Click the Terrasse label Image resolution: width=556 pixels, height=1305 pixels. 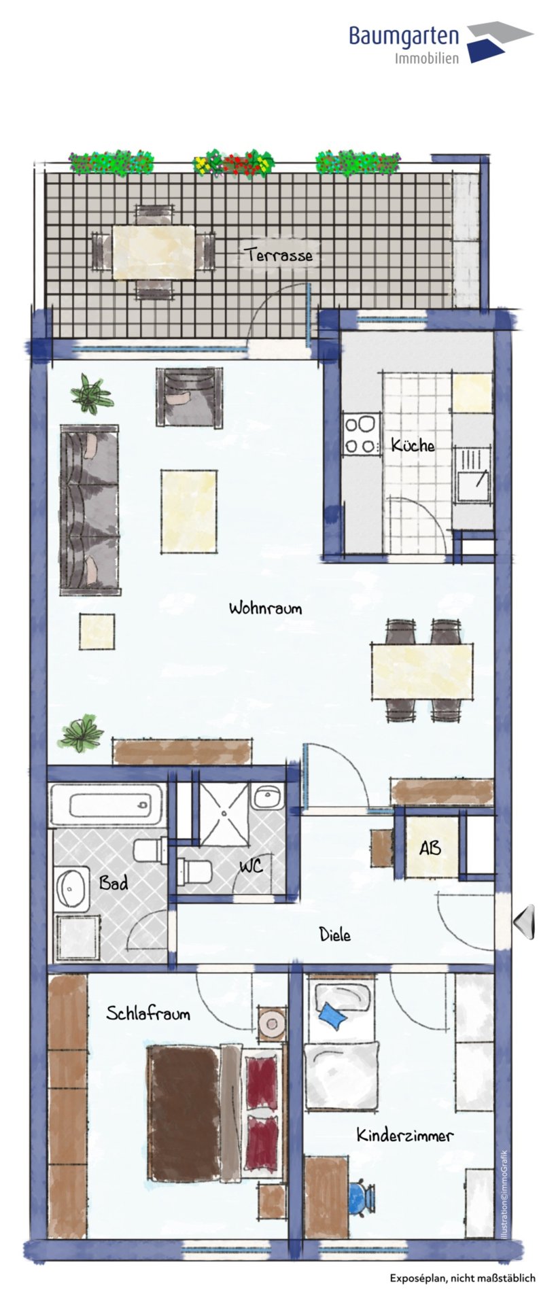click(279, 256)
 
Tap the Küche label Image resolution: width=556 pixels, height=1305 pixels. click(413, 445)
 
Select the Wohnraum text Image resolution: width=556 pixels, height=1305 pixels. click(265, 608)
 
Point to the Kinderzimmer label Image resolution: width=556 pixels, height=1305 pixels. click(405, 1135)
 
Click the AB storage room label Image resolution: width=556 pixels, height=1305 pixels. click(430, 848)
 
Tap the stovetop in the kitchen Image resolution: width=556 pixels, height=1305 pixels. click(362, 435)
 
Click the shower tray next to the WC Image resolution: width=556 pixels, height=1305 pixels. click(224, 813)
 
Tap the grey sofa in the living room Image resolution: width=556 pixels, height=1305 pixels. click(90, 510)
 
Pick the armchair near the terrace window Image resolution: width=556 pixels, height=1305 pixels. click(189, 397)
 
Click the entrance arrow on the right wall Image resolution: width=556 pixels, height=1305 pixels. click(524, 922)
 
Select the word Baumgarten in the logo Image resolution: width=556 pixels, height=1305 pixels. click(404, 35)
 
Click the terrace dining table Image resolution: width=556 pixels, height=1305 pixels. click(153, 251)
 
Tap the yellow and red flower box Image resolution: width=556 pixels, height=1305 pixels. click(234, 163)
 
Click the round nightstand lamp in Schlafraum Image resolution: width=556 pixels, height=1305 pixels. click(273, 1023)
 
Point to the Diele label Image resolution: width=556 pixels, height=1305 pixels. click(335, 935)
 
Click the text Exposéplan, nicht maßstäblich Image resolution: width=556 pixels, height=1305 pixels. click(462, 1278)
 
